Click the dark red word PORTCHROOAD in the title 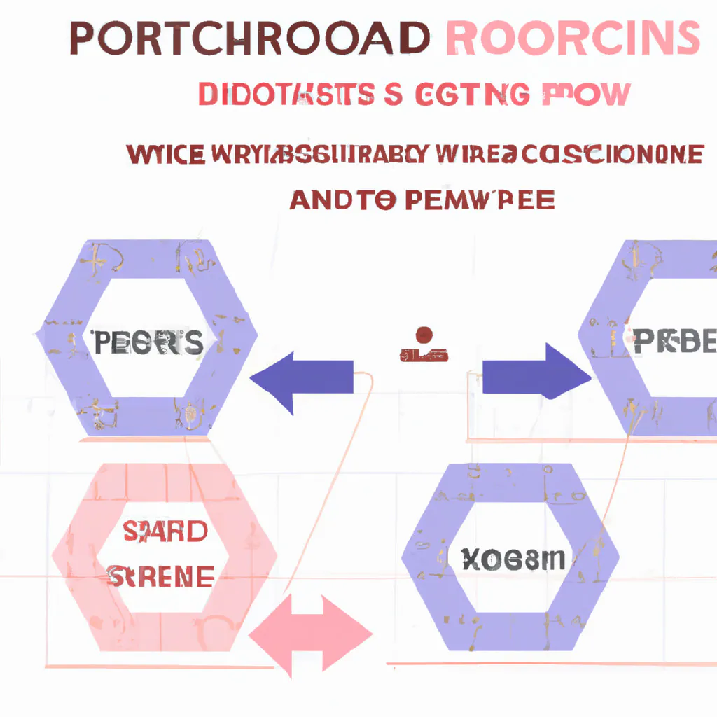249,39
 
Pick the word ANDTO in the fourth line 342,200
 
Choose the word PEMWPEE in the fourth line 480,200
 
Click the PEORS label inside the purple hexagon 147,343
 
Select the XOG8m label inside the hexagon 513,558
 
